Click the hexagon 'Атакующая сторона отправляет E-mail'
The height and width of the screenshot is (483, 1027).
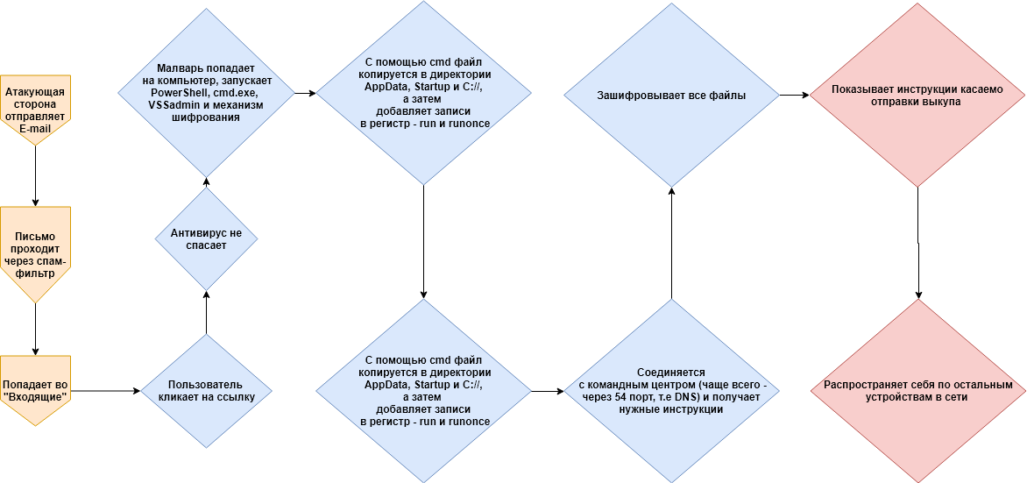coord(36,110)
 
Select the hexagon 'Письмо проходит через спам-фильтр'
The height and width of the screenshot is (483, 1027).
coord(36,254)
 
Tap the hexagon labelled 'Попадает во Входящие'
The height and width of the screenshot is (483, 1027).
coord(36,390)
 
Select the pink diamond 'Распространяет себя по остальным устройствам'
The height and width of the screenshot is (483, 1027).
coord(916,390)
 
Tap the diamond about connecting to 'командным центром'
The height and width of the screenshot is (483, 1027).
coord(671,390)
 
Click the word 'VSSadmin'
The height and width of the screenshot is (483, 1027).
coord(171,105)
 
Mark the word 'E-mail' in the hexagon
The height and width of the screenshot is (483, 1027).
coord(36,128)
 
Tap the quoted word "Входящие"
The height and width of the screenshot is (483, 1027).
coord(36,397)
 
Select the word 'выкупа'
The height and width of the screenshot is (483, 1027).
coord(942,102)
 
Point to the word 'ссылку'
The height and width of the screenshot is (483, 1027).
coord(230,397)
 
